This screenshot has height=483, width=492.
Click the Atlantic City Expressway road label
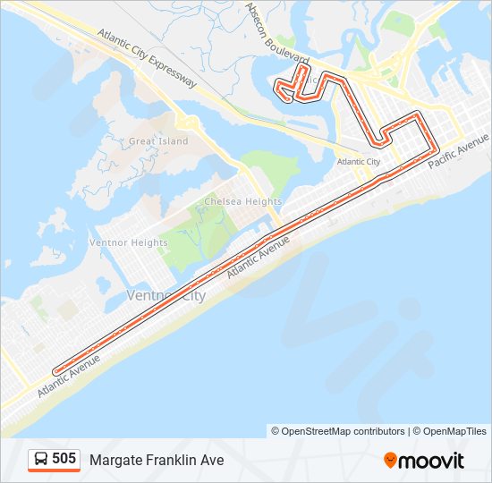tap(148, 61)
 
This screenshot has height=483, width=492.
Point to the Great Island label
tap(158, 141)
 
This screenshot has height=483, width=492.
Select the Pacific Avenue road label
tap(458, 153)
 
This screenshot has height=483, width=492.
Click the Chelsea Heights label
tap(242, 202)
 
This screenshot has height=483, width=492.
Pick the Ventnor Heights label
tap(128, 242)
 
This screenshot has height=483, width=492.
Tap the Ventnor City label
tap(165, 295)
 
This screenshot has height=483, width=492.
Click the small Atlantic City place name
tap(358, 162)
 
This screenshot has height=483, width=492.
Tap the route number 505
tap(64, 459)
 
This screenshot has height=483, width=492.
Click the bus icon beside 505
tap(41, 460)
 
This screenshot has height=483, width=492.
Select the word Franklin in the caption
tap(172, 460)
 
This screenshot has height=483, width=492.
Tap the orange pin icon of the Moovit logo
tap(390, 460)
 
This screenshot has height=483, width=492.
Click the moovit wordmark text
tap(432, 461)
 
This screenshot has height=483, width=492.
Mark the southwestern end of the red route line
tap(55, 370)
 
